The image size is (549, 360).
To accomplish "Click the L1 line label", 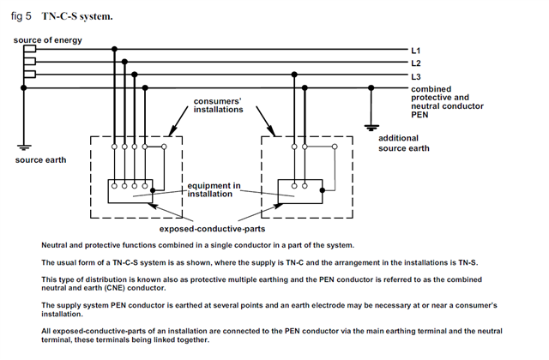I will pyautogui.click(x=417, y=51).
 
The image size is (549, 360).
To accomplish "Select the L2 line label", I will pyautogui.click(x=417, y=63).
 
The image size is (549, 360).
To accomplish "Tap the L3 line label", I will pyautogui.click(x=417, y=76).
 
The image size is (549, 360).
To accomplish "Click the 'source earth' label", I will pyautogui.click(x=39, y=160).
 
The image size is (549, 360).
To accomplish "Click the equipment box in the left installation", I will pyautogui.click(x=130, y=191).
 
